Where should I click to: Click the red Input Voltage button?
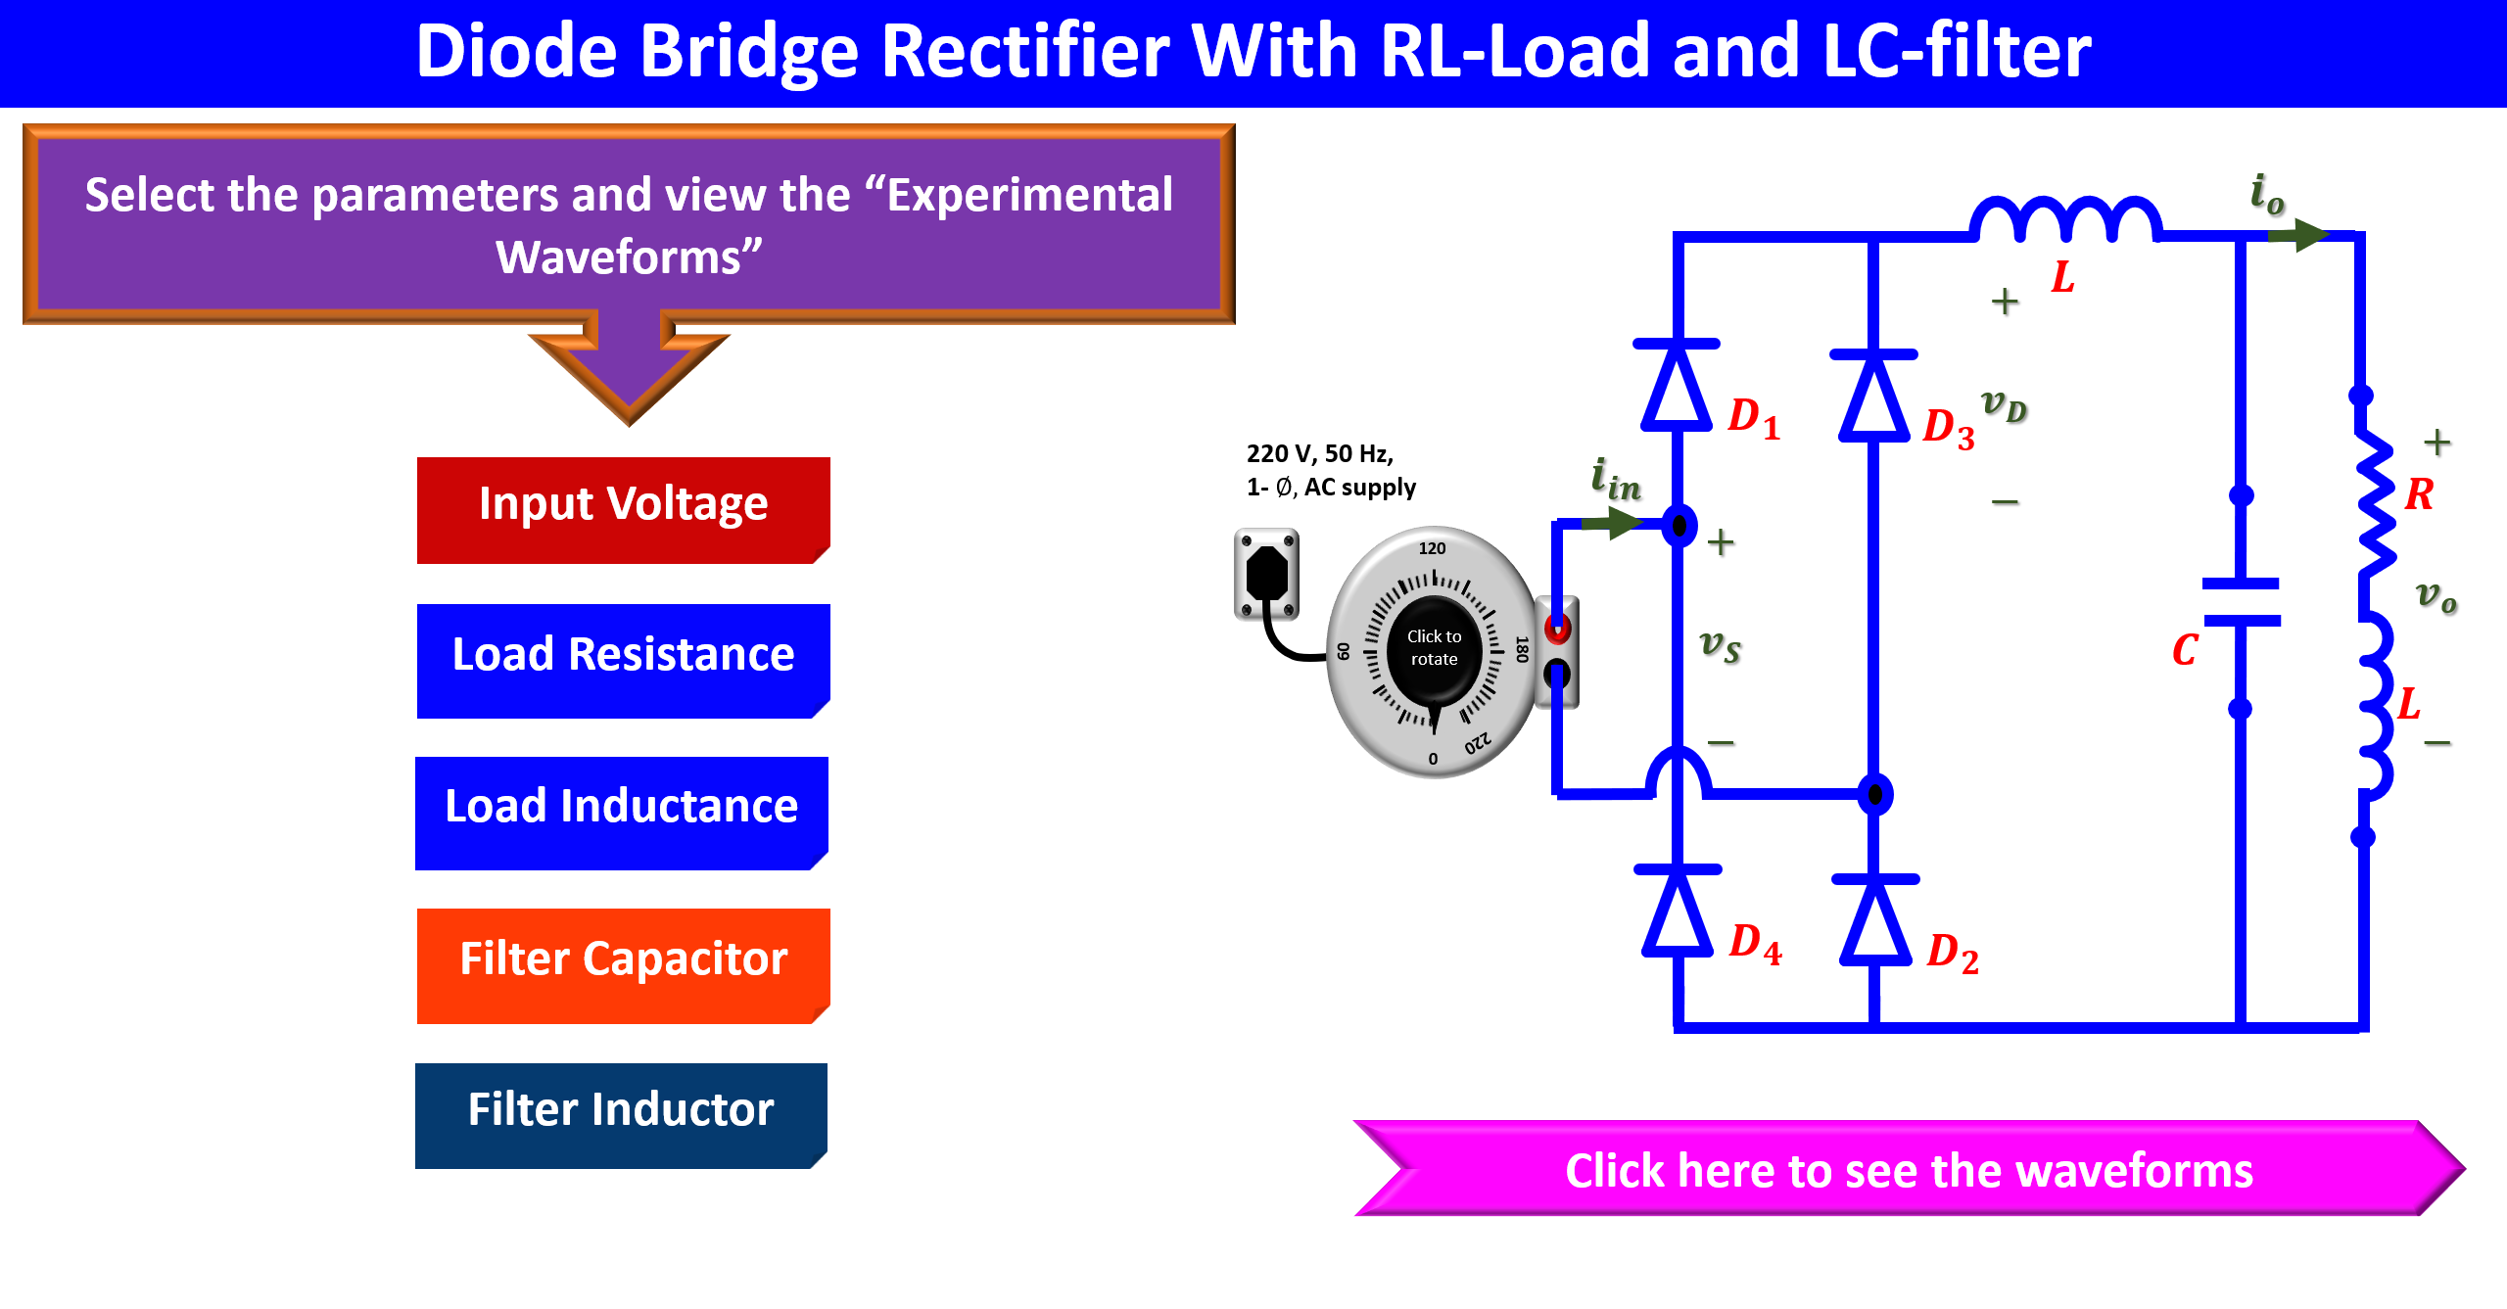click(x=623, y=509)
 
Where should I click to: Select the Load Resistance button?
click(x=623, y=661)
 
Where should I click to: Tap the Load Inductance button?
click(x=622, y=813)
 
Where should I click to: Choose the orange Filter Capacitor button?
click(x=623, y=965)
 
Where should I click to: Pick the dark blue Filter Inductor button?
click(x=621, y=1115)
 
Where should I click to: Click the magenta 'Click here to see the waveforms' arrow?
click(x=1909, y=1168)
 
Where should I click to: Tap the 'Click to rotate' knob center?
click(x=1434, y=648)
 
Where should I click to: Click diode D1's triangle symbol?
click(x=1677, y=386)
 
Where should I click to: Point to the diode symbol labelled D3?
click(x=1873, y=396)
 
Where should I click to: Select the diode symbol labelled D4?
click(x=1678, y=912)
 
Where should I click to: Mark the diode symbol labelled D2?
click(x=1875, y=921)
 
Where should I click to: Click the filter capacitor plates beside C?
click(x=2241, y=601)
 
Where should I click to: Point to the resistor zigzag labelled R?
click(x=2375, y=504)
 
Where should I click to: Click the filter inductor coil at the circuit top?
click(x=2066, y=218)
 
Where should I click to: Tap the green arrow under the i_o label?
click(x=2297, y=235)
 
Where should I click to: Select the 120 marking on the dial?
click(x=1432, y=548)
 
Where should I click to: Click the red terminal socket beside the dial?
click(x=1557, y=628)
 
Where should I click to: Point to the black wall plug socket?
click(x=1266, y=574)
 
